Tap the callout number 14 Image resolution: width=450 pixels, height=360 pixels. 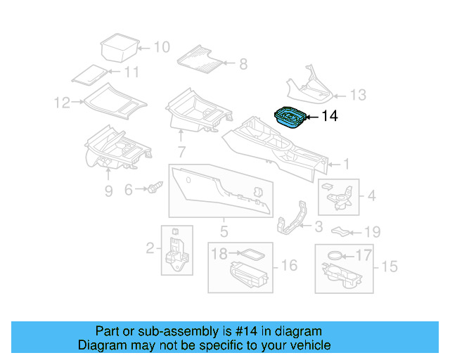(x=329, y=117)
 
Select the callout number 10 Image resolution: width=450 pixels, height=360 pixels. (x=161, y=48)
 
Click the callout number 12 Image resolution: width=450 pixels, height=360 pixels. (x=61, y=103)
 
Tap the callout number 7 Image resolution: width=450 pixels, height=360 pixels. (x=181, y=151)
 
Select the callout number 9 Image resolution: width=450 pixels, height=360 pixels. (x=108, y=191)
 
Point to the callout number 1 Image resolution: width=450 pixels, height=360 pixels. (x=345, y=165)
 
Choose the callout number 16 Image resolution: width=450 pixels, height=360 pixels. (x=289, y=265)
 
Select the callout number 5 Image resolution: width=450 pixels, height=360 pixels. (x=224, y=230)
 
